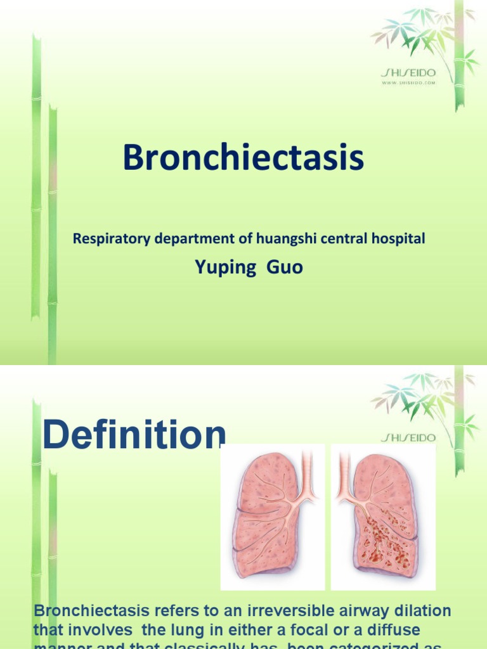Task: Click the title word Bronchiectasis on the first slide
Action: (x=243, y=158)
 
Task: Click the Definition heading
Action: (x=133, y=436)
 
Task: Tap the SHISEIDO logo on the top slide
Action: (x=408, y=74)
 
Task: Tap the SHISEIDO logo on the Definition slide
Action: (x=408, y=437)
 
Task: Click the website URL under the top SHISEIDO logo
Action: (x=408, y=82)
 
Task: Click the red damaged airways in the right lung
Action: (x=384, y=539)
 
